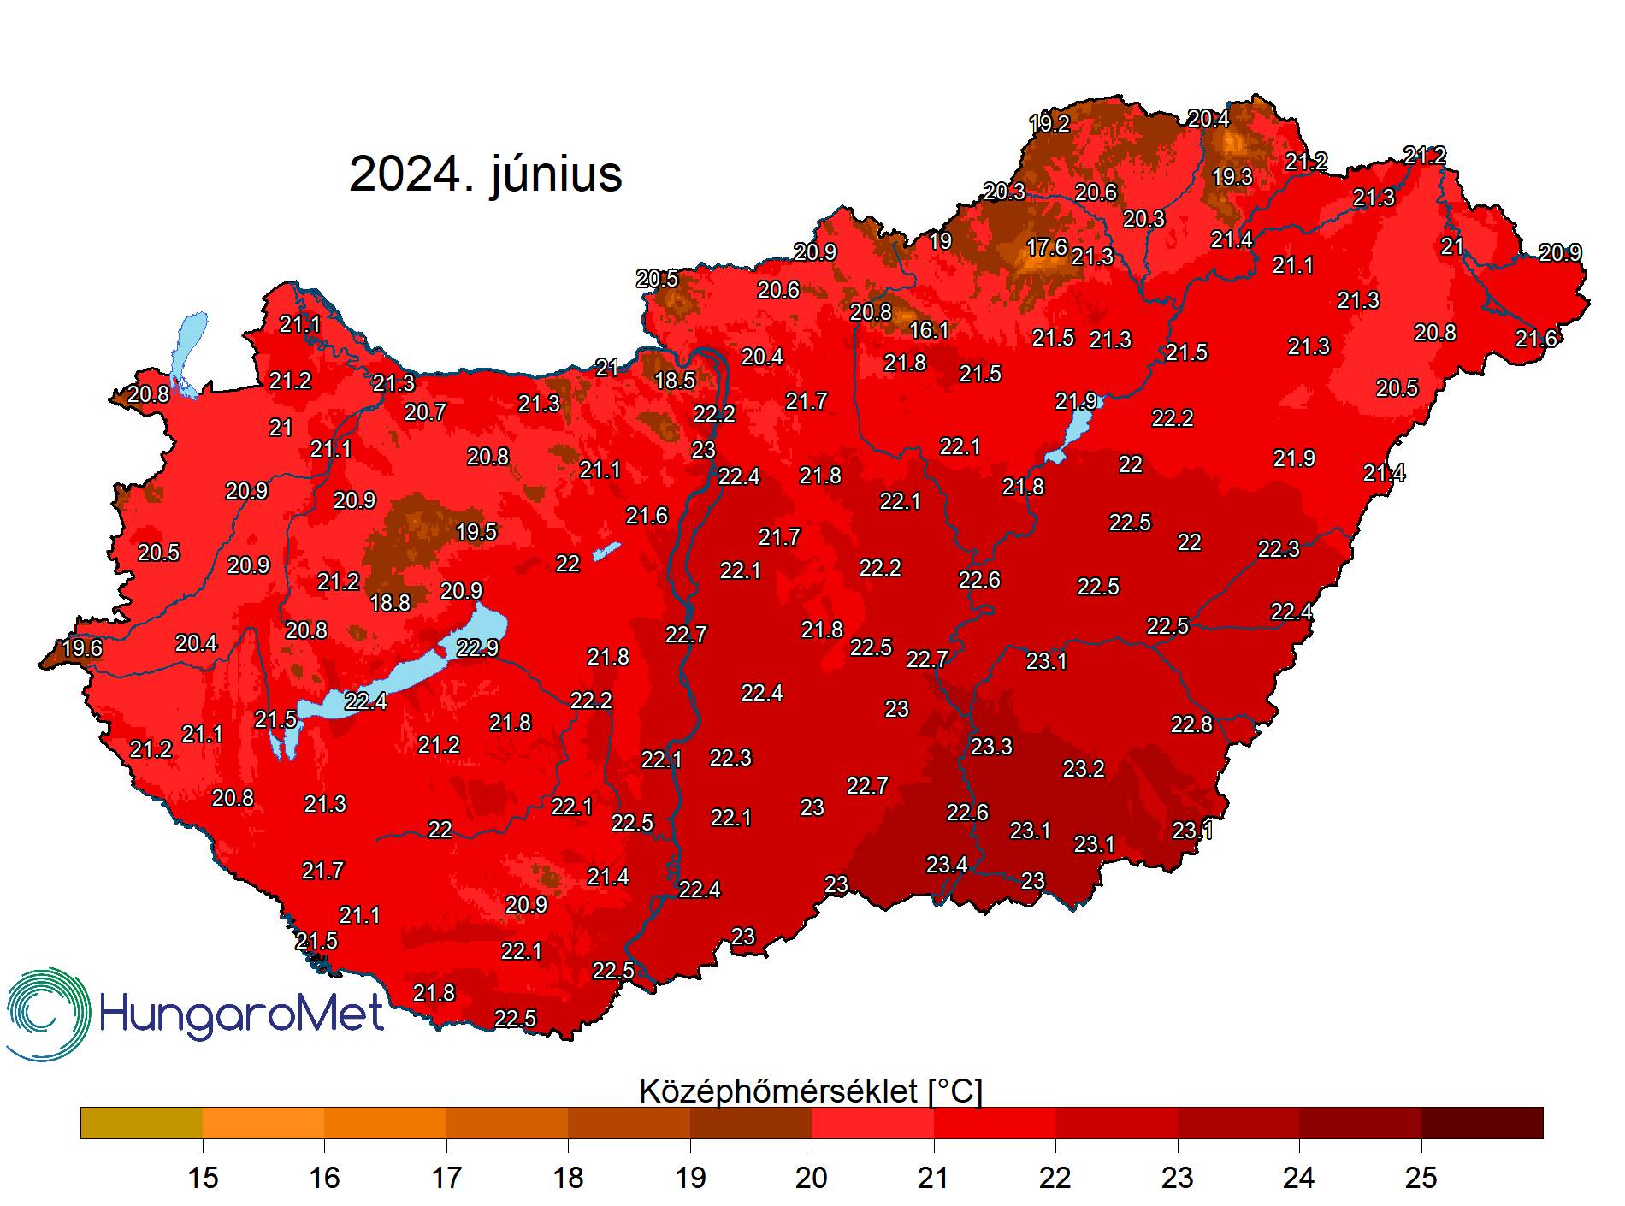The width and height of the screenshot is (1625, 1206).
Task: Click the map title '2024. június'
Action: point(485,174)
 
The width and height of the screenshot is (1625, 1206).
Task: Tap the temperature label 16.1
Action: point(929,330)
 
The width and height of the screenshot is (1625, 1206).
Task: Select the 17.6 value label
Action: point(1046,248)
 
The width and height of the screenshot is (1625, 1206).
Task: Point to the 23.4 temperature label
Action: point(947,865)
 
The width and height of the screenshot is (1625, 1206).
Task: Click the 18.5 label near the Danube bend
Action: point(674,381)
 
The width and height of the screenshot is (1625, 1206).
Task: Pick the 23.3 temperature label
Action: point(991,747)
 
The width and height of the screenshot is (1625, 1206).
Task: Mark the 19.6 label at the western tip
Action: point(82,648)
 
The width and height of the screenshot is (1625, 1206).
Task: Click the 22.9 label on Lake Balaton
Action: point(477,648)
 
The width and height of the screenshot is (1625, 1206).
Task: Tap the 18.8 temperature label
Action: point(390,603)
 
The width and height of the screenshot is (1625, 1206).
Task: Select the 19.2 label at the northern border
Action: point(1049,124)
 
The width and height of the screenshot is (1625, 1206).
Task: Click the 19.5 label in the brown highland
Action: point(476,532)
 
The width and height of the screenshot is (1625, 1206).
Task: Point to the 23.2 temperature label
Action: point(1083,769)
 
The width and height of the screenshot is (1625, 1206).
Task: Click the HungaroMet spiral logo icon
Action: point(48,1015)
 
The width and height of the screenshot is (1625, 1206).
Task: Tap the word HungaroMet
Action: point(242,1015)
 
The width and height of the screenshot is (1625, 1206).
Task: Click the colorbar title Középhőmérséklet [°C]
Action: point(811,1091)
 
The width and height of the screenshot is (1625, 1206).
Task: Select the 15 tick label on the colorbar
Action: point(203,1178)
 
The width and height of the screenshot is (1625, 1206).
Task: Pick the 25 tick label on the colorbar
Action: point(1421,1178)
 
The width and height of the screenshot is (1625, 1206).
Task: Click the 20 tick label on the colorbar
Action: point(812,1178)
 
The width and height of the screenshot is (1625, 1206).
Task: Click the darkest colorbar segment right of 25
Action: point(1482,1123)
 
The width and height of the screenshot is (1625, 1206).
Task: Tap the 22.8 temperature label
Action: point(1191,724)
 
